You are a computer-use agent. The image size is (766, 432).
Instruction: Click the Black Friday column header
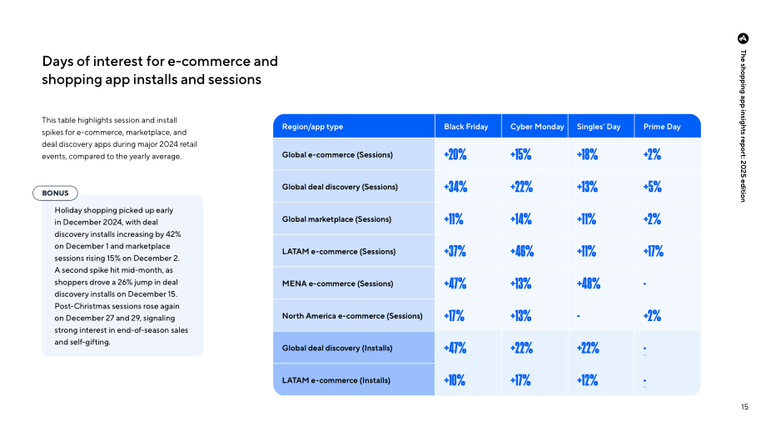(x=465, y=127)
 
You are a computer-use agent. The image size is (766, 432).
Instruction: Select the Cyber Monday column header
(x=537, y=127)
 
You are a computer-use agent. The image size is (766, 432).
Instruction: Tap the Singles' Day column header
(x=599, y=127)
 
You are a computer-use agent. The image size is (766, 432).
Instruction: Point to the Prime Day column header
(x=661, y=127)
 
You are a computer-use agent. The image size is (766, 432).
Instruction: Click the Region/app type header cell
(x=312, y=127)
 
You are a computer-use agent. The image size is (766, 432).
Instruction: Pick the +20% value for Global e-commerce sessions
(x=455, y=154)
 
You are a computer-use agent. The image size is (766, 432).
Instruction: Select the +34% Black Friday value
(x=455, y=187)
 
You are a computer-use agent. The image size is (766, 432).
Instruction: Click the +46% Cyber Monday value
(x=522, y=252)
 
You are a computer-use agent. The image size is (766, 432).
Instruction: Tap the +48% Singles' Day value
(x=588, y=284)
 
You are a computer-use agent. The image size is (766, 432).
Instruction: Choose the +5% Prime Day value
(x=652, y=187)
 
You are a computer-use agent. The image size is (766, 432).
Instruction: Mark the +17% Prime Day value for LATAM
(x=653, y=252)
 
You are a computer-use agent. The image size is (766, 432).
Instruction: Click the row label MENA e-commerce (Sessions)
(x=337, y=284)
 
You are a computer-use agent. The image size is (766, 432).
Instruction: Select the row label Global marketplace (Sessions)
(x=336, y=219)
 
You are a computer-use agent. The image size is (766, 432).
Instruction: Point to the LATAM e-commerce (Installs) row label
(x=336, y=380)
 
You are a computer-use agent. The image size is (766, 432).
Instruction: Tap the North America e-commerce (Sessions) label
(x=352, y=316)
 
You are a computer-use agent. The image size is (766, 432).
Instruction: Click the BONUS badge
(x=55, y=193)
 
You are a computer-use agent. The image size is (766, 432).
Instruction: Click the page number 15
(x=744, y=406)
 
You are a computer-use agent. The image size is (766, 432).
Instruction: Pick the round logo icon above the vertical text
(x=743, y=38)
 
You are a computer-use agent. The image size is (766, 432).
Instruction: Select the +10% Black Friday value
(x=455, y=380)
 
